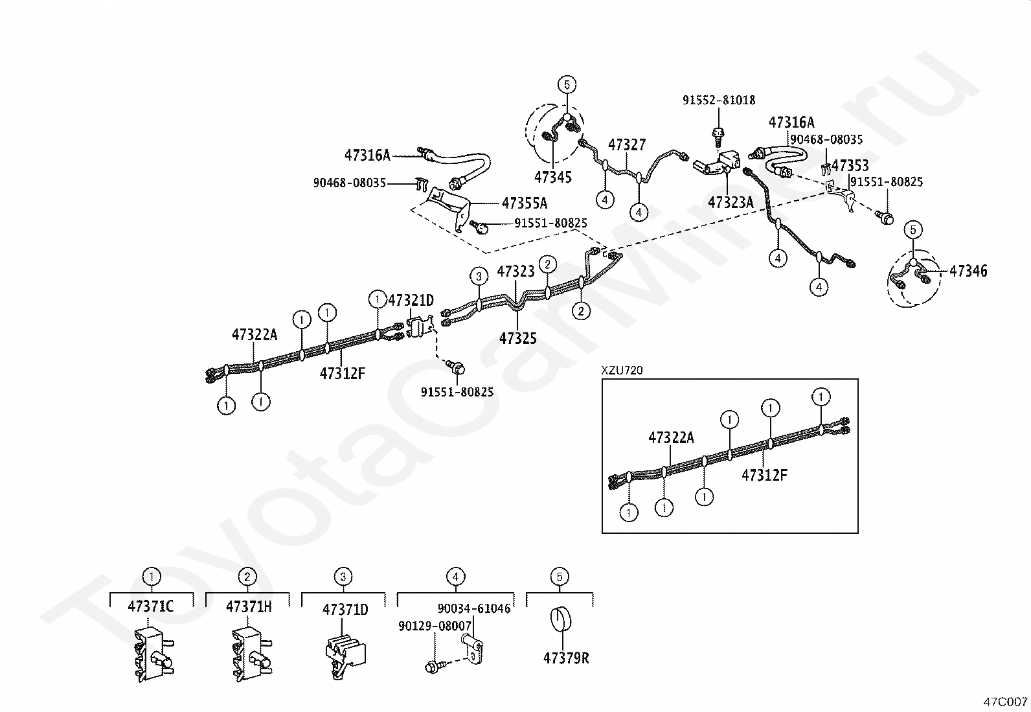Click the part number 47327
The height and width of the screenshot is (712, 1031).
coord(626,144)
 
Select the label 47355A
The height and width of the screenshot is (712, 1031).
coord(524,203)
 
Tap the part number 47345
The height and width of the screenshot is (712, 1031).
coord(553,177)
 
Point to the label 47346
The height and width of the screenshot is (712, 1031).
coord(968,271)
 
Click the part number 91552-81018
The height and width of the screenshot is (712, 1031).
coord(718,100)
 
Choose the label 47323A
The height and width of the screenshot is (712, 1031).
coord(731,202)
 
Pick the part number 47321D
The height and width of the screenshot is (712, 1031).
coord(411,300)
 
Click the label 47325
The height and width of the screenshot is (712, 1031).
coord(517,338)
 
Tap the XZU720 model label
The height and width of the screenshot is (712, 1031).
coord(622,370)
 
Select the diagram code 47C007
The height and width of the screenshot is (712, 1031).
coord(1006,701)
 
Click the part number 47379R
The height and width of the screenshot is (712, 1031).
coord(566,658)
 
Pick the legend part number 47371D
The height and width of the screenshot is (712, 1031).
coord(345,610)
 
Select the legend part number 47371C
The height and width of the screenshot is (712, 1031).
coord(151,607)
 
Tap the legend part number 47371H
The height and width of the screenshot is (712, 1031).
coord(249,607)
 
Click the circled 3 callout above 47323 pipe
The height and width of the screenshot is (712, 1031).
coord(479,277)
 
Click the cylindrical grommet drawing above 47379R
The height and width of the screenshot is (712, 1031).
coord(560,620)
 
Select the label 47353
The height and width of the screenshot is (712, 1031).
coord(850,165)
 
